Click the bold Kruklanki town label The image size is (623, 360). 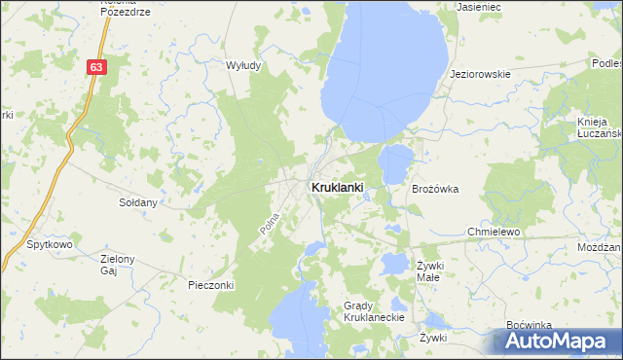(337, 187)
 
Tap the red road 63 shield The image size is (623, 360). (95, 67)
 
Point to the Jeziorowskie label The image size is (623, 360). (480, 74)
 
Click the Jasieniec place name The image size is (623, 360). (477, 6)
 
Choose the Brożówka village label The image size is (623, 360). (435, 189)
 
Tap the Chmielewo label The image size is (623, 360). (495, 233)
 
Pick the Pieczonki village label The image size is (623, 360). (209, 285)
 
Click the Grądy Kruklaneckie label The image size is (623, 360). (366, 311)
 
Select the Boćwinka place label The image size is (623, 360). (530, 324)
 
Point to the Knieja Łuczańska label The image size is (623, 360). (597, 127)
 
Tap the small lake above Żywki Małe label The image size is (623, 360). (395, 263)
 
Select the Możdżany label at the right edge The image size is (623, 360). (598, 248)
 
